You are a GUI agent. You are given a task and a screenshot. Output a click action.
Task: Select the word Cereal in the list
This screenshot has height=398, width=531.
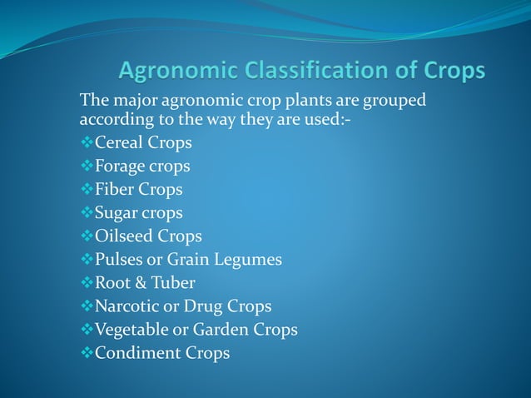coord(119,142)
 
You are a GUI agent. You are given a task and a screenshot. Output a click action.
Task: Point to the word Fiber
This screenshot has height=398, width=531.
coord(115,189)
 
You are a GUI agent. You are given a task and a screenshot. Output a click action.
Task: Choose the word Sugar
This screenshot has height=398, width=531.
coord(117,213)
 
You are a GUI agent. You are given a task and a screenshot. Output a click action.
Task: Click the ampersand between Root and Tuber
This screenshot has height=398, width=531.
coord(139,283)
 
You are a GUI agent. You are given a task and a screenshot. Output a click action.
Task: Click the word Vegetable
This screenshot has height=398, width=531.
coord(132,330)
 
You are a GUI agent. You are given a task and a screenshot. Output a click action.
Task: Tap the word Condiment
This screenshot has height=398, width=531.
coord(137,353)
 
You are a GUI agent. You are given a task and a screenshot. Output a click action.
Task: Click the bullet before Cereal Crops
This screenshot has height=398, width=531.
coord(87,142)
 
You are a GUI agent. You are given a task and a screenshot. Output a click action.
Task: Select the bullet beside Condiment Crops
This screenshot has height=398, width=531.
coord(87,353)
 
